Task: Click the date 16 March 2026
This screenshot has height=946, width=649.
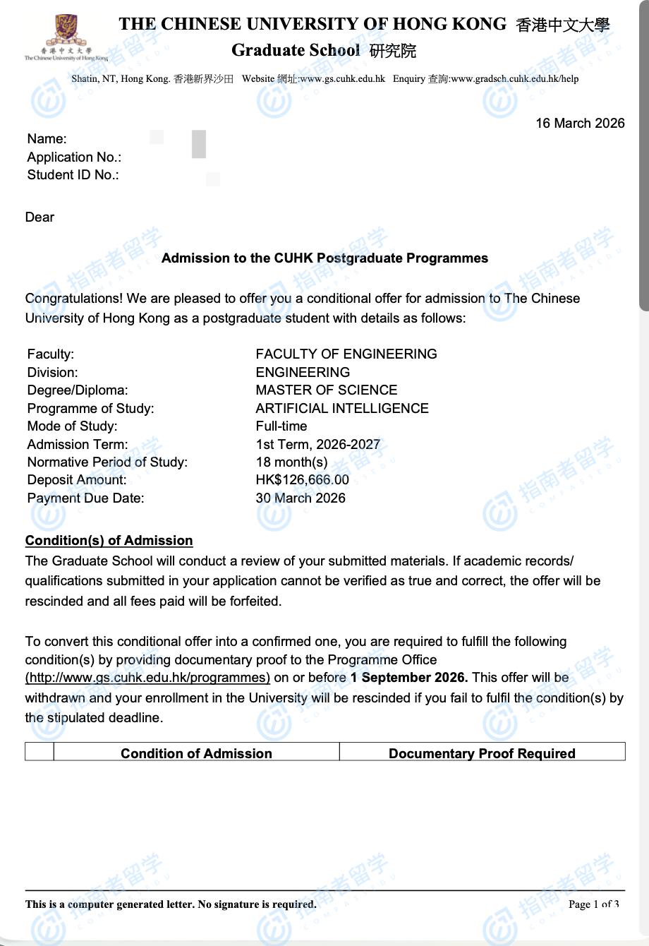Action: (x=580, y=124)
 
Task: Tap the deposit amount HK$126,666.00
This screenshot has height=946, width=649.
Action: (x=302, y=480)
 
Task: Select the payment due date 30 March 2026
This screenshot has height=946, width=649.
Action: (x=301, y=498)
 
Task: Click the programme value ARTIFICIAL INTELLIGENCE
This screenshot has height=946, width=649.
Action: (x=342, y=408)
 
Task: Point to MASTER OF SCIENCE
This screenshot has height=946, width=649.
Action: (x=326, y=390)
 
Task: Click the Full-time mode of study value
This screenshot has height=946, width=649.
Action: (x=281, y=426)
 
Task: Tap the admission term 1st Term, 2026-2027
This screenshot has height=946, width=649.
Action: (x=317, y=444)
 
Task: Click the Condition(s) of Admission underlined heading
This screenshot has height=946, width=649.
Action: (x=109, y=541)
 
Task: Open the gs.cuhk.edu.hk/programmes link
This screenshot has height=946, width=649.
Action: (x=147, y=678)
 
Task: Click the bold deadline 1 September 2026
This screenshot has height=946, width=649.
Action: (x=408, y=678)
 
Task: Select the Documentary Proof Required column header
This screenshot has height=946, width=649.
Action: (x=482, y=753)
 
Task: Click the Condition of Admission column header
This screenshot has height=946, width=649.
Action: (x=196, y=753)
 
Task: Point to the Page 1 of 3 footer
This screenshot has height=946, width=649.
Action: (x=593, y=904)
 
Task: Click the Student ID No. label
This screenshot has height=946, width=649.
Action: (x=73, y=175)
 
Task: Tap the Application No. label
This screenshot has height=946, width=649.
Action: (x=74, y=157)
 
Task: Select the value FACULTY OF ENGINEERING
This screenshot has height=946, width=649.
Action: (x=346, y=354)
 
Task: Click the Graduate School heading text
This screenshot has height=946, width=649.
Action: (x=295, y=50)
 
